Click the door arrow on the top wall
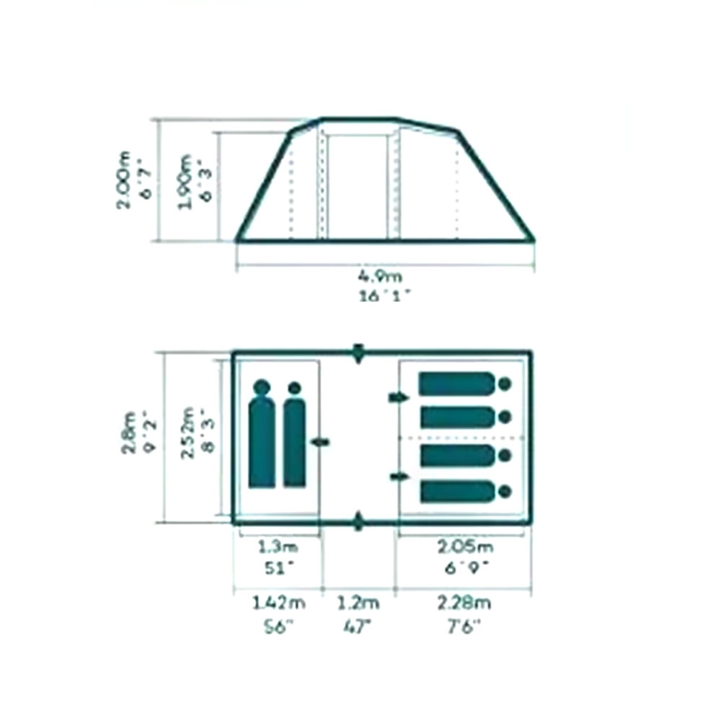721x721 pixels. (358, 354)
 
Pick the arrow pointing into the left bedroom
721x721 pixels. (320, 442)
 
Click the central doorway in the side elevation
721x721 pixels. (358, 186)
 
